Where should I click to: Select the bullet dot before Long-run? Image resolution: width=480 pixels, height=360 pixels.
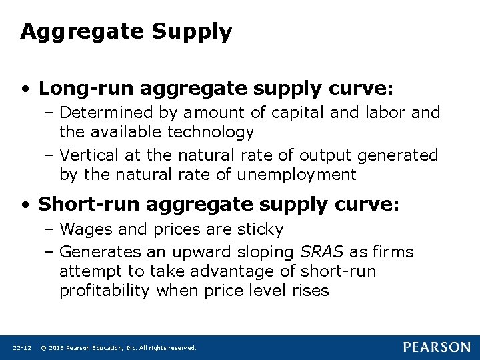tap(25, 89)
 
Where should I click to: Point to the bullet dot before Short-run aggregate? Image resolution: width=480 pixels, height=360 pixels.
tap(25, 204)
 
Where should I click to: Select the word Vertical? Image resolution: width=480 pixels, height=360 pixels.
tap(88, 155)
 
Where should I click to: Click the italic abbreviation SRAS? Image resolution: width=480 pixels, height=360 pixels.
tap(322, 251)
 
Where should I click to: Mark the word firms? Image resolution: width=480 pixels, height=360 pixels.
tap(393, 251)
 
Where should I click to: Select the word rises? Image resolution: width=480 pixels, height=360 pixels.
tap(309, 291)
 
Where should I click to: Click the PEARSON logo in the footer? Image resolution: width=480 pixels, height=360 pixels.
tap(436, 347)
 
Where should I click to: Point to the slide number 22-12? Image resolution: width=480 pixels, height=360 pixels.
tap(22, 347)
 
